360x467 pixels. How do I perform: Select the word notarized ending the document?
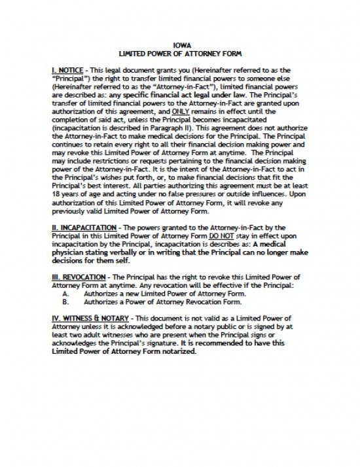point(175,351)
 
